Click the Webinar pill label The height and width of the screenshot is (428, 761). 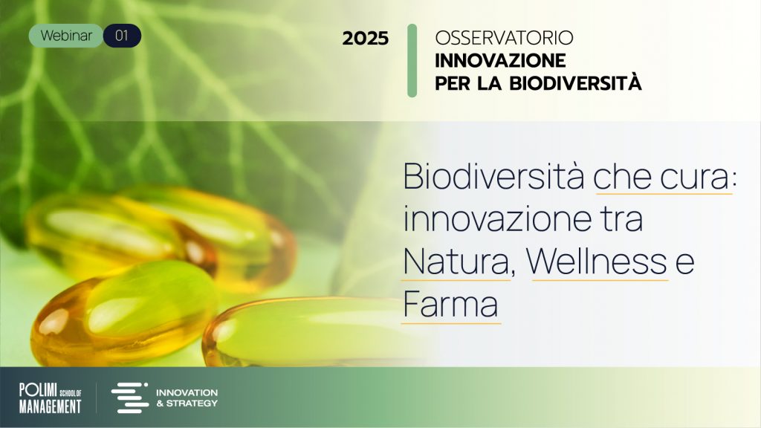point(66,36)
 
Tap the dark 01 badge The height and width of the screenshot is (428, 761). point(123,36)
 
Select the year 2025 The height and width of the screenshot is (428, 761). point(366,39)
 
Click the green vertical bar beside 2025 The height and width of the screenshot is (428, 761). point(412,60)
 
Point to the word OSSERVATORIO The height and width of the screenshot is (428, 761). point(505,38)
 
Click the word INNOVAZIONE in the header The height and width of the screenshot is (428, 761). point(500,61)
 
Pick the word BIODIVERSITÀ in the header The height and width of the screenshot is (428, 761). point(576,82)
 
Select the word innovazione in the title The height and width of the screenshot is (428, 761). point(497,219)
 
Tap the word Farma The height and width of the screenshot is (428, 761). point(450,304)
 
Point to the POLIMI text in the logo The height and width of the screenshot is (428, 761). point(38,389)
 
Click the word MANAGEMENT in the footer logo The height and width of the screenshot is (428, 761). point(50,406)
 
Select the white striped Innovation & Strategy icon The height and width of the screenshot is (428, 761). point(129,398)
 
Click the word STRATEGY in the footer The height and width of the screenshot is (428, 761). point(192,403)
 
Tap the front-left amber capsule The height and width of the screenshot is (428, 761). point(124,314)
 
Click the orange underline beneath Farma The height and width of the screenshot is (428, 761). point(451,322)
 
